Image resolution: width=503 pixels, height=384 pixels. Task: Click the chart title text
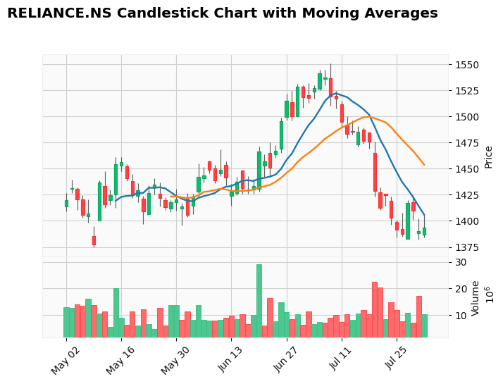(222, 13)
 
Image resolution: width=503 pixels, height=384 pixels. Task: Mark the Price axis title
(488, 156)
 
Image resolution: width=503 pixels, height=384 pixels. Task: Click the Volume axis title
(476, 297)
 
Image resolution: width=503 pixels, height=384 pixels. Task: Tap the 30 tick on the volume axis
(461, 262)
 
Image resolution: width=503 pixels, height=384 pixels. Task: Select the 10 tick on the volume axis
(461, 315)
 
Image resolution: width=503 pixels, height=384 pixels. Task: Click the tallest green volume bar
(259, 300)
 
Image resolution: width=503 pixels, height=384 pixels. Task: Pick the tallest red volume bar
(375, 309)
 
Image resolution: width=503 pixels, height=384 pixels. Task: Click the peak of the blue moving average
(336, 93)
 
